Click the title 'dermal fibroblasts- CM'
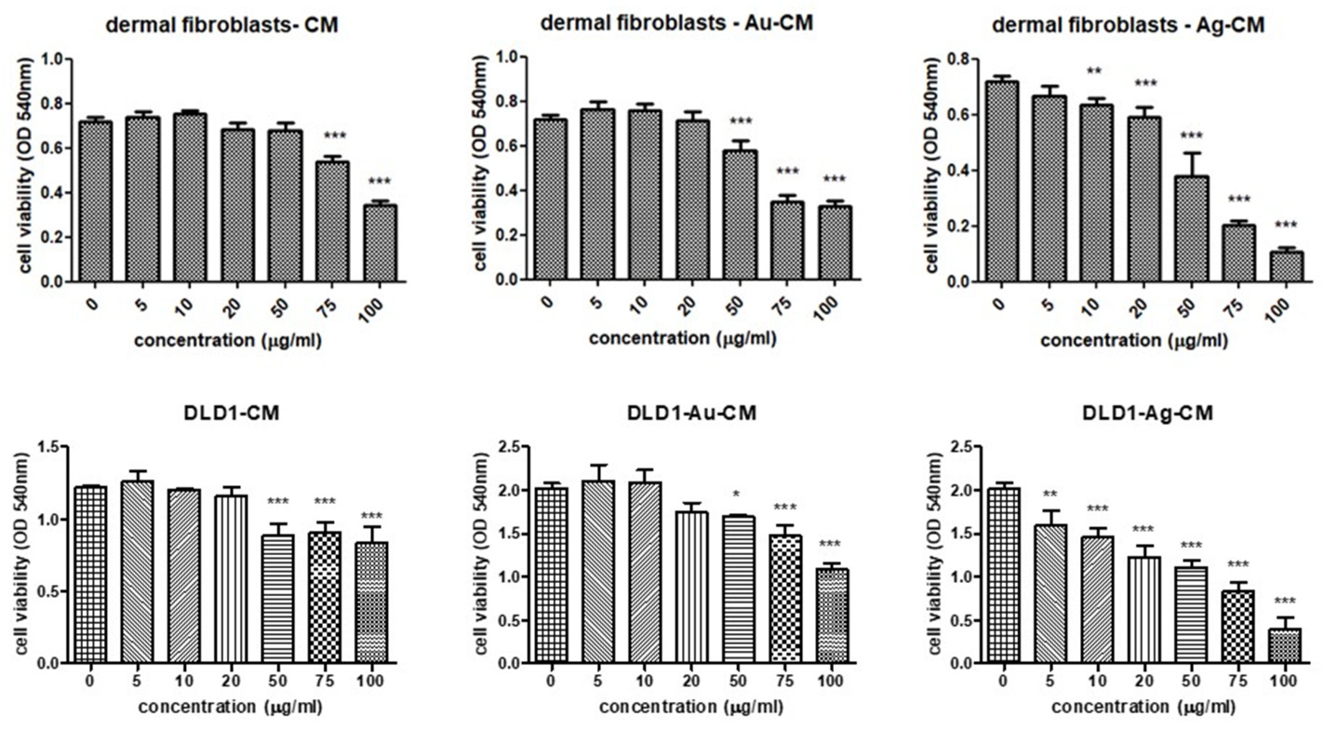point(222,25)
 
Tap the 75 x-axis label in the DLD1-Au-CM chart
point(784,682)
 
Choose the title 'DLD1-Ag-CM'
point(1147,413)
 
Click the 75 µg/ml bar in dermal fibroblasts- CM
point(332,222)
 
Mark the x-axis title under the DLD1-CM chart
point(230,707)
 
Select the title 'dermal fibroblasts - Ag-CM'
point(1127,25)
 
